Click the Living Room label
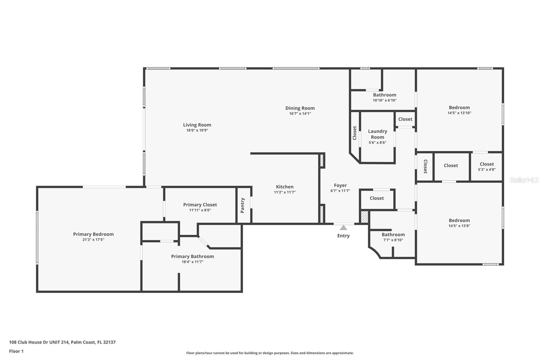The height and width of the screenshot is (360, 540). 197,125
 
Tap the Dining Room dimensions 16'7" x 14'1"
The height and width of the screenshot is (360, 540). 300,113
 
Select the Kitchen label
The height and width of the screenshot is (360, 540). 285,186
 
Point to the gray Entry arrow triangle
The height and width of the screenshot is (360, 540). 343,228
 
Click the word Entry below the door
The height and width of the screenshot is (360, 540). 343,235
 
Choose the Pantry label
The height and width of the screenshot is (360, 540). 243,205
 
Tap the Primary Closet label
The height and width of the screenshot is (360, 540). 200,205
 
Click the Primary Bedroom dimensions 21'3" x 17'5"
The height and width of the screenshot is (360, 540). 93,239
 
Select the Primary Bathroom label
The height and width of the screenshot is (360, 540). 192,256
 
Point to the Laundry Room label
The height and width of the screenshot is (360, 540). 378,134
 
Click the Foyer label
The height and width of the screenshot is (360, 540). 341,185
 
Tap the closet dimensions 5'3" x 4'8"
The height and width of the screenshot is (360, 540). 487,170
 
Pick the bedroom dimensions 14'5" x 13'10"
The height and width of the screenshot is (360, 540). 459,113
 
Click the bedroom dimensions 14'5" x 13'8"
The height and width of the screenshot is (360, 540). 459,226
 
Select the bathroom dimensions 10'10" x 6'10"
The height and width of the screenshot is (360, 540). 384,100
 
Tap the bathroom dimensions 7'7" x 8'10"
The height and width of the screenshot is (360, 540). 393,240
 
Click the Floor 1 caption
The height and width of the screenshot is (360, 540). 17,351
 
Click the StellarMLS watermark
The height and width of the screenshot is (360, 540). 524,180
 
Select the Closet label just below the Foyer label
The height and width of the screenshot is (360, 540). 377,198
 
